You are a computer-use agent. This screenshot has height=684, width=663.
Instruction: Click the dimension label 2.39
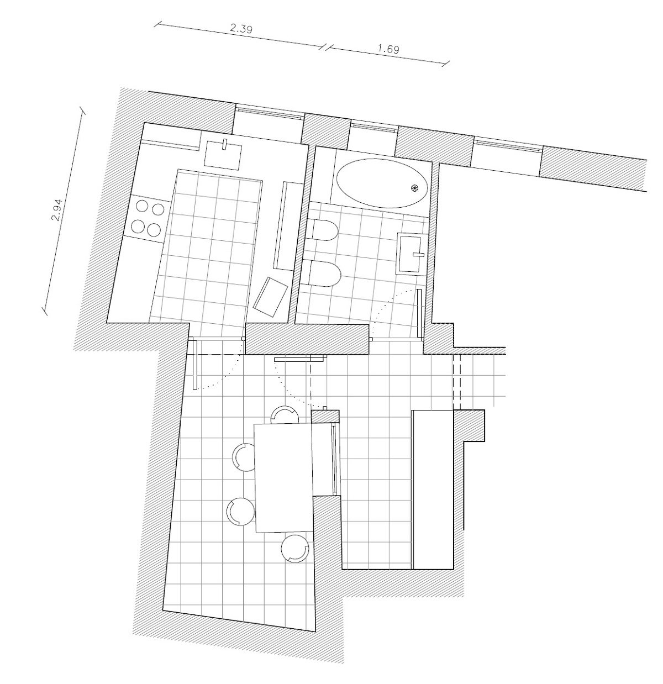[x=241, y=29]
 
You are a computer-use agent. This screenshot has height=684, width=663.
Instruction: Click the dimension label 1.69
[x=388, y=49]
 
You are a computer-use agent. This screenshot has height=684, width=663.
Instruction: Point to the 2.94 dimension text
[x=56, y=210]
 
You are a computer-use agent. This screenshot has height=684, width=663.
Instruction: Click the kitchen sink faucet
[x=225, y=145]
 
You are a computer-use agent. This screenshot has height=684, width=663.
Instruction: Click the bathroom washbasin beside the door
[x=411, y=254]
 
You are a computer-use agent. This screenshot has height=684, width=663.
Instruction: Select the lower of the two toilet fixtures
[x=324, y=274]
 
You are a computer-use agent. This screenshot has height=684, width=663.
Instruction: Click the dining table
[x=283, y=476]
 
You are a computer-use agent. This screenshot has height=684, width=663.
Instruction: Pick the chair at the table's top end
[x=286, y=415]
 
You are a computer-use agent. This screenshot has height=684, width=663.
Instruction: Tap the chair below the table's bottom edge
[x=294, y=549]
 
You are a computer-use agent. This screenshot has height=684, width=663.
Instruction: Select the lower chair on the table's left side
[x=240, y=511]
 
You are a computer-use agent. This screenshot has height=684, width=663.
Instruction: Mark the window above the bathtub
[x=373, y=127]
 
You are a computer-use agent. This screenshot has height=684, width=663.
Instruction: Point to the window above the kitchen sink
[x=269, y=113]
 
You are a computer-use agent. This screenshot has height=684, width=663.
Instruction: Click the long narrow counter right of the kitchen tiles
[x=287, y=225]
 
